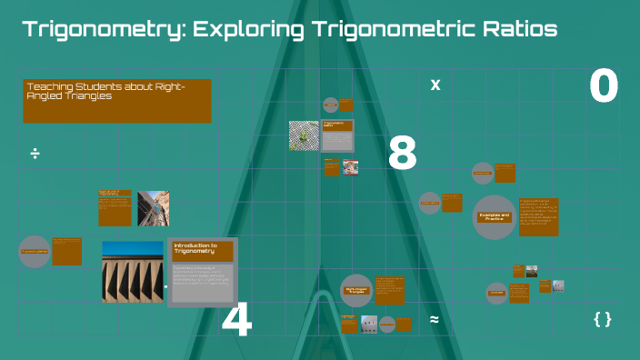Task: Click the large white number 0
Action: tap(604, 87)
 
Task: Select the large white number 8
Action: tap(402, 155)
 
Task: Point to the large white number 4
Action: tap(236, 321)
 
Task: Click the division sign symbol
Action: tap(35, 153)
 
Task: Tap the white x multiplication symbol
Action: tap(435, 85)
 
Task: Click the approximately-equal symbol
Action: tap(435, 319)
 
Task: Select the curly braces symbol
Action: tap(602, 319)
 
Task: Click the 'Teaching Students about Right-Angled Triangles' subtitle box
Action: tap(116, 100)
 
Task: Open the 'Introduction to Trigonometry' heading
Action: tap(202, 249)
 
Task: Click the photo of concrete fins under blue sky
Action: tap(133, 270)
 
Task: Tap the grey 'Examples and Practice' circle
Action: tap(495, 217)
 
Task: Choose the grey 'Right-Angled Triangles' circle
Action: tap(356, 290)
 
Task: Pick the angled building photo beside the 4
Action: tap(153, 208)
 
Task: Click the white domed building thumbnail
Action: tap(369, 322)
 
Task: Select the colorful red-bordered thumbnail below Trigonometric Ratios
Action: tap(350, 167)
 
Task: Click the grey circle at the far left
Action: tap(35, 251)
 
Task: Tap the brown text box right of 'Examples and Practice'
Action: tap(538, 216)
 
